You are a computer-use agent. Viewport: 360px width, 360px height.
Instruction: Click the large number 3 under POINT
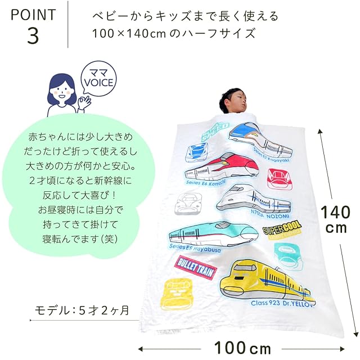click(x=33, y=35)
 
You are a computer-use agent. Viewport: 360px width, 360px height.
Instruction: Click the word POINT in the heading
click(x=33, y=14)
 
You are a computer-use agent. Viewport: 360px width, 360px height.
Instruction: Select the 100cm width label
click(x=242, y=347)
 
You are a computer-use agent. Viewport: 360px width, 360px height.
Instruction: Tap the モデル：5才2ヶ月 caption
click(x=82, y=310)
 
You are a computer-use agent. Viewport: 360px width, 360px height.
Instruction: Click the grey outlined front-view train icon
click(x=188, y=203)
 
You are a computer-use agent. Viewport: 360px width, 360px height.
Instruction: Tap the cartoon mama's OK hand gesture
click(x=85, y=102)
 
